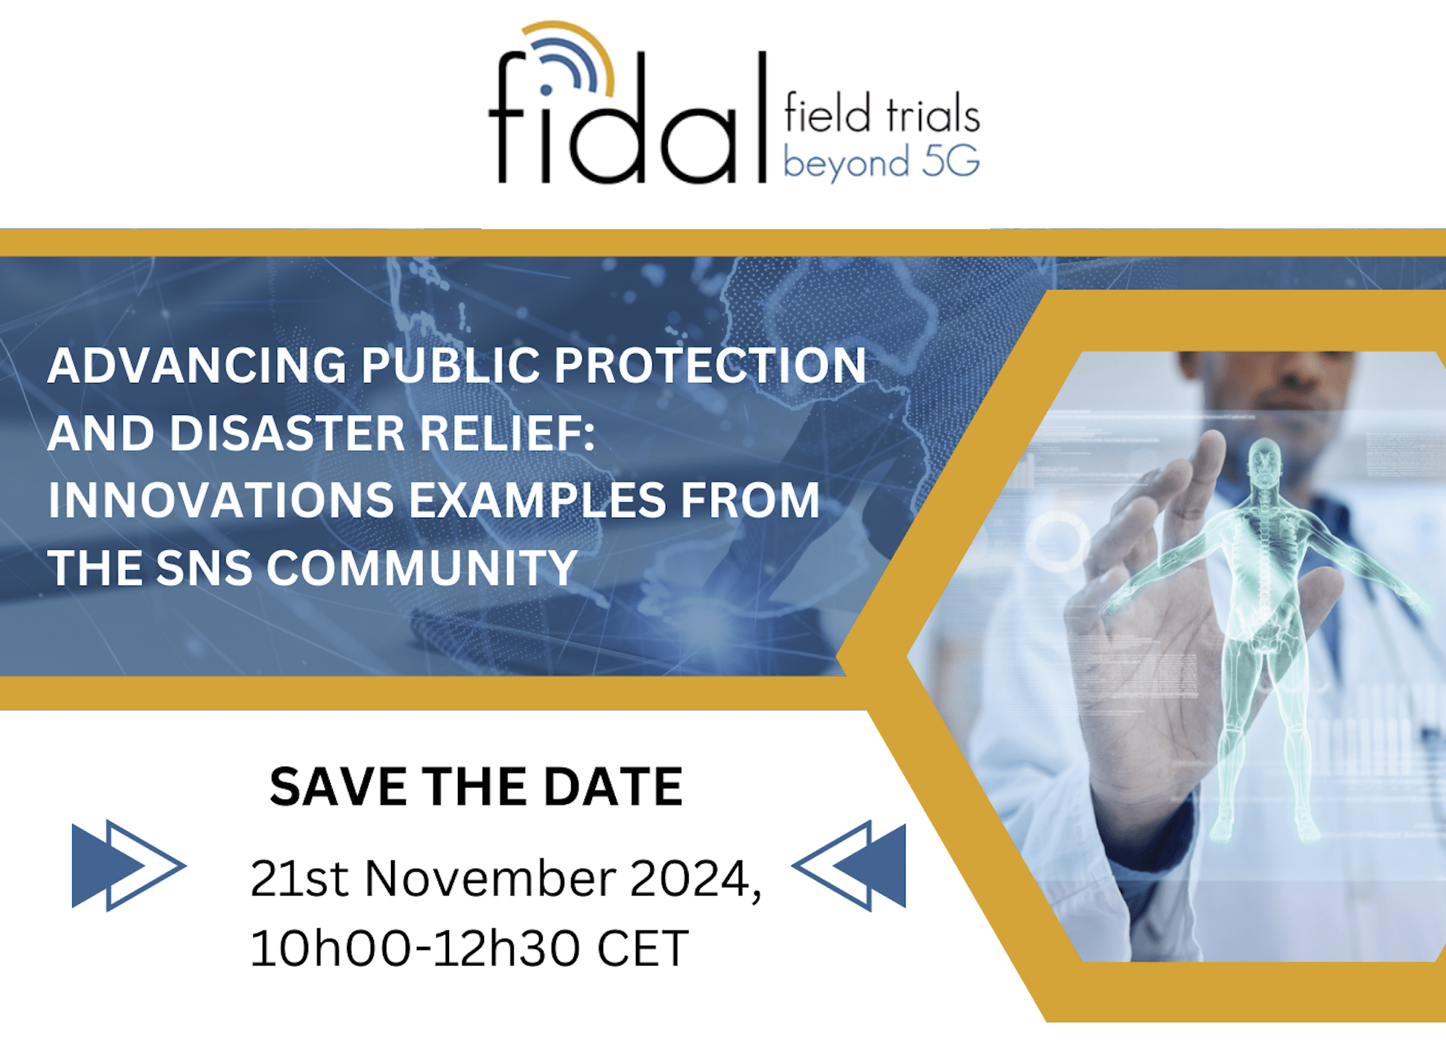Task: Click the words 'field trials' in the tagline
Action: coord(882,114)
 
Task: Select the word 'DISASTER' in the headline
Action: coord(287,433)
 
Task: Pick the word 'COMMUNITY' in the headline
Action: coord(422,568)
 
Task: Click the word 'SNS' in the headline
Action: coord(204,568)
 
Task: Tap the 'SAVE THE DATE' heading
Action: coord(476,787)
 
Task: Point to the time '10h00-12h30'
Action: coord(415,948)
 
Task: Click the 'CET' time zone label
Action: coord(643,948)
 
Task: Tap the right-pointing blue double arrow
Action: coord(129,866)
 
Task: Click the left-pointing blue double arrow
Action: coord(849,866)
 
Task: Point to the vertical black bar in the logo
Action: coord(762,117)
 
